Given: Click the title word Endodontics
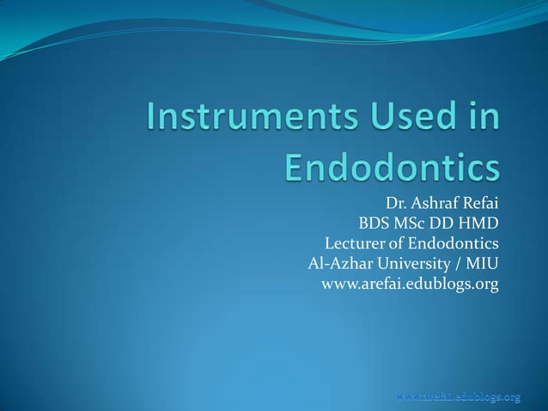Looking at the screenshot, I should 392,168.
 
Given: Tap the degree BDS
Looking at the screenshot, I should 374,225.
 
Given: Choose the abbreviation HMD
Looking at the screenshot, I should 481,225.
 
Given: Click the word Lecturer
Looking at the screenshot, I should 358,244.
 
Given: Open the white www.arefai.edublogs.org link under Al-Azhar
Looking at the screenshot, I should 409,284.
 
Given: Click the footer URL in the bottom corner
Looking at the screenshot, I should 459,396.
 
